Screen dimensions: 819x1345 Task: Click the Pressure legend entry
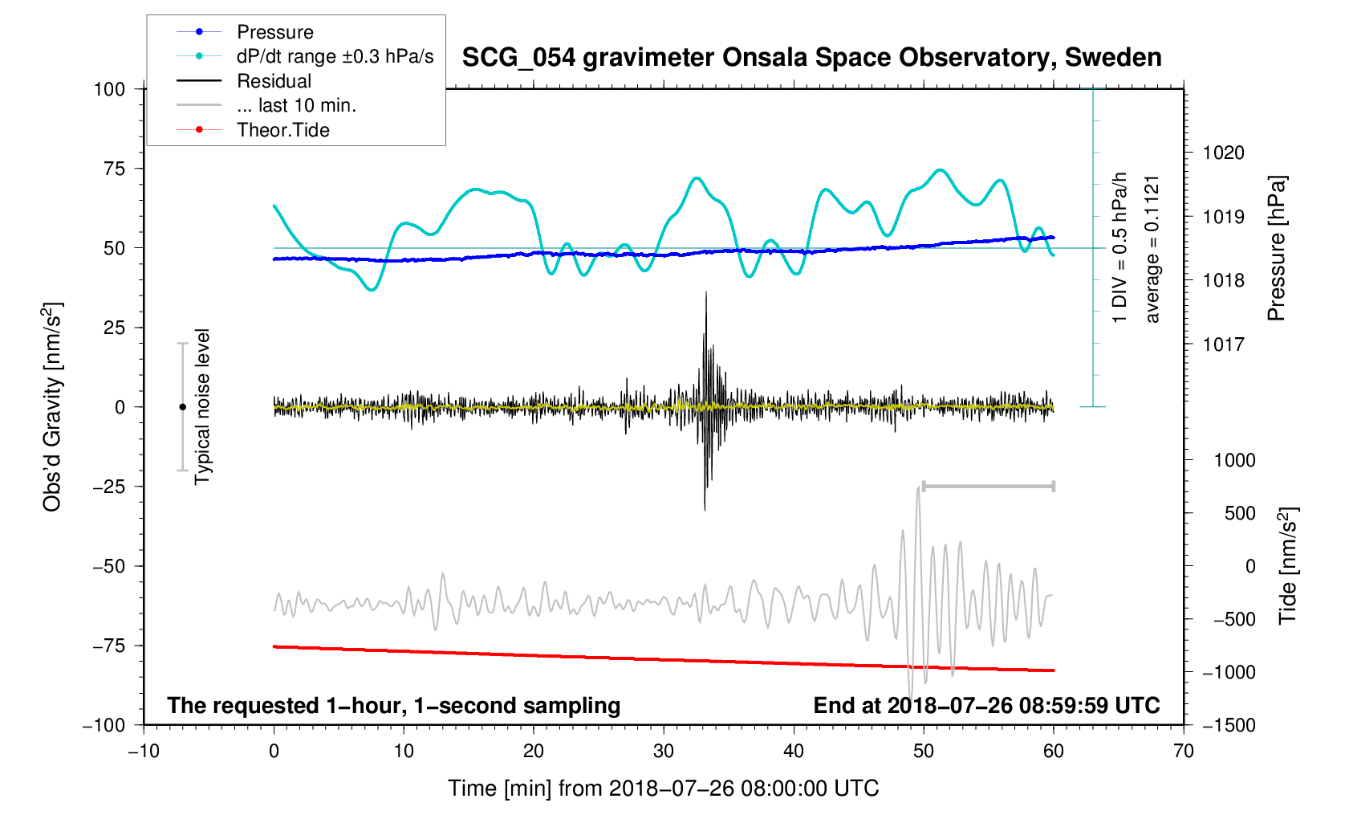click(x=274, y=32)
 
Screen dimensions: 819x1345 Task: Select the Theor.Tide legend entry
click(x=282, y=130)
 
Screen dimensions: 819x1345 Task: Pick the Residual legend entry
click(x=274, y=81)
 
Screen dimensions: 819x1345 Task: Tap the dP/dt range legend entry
click(x=335, y=56)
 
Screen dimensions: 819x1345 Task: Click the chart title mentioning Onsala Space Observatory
click(x=811, y=58)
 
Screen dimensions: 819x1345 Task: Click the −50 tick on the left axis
click(x=108, y=566)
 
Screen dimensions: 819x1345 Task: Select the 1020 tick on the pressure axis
click(x=1223, y=153)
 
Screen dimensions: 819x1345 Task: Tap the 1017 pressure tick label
click(x=1223, y=344)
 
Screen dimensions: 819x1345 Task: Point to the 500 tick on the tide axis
click(x=1240, y=513)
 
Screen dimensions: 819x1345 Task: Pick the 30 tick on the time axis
click(x=664, y=751)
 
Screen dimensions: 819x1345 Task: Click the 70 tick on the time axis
click(x=1184, y=751)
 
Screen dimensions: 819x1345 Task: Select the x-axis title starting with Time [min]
click(x=663, y=788)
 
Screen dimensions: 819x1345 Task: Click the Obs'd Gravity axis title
click(x=52, y=407)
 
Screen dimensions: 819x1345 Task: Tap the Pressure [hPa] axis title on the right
click(x=1276, y=249)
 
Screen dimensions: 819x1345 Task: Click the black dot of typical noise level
click(x=182, y=407)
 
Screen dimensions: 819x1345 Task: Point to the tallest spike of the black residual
click(x=705, y=294)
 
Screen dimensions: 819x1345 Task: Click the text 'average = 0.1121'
click(x=1152, y=249)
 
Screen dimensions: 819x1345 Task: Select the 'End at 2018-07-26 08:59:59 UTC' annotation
click(x=986, y=706)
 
